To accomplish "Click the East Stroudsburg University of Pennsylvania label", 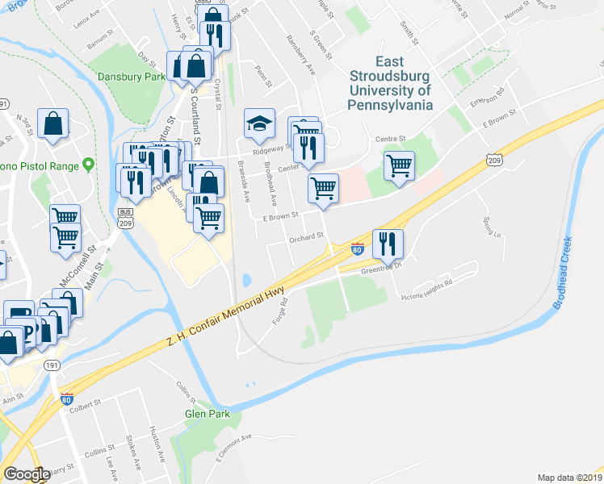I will (x=390, y=83).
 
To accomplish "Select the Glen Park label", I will (x=208, y=414).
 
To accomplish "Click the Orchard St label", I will (x=306, y=237).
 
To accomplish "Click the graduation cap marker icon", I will (x=260, y=123).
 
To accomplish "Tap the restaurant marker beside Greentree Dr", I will (x=388, y=243).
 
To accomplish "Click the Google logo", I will (x=27, y=474).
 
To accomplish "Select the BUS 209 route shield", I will (x=124, y=218).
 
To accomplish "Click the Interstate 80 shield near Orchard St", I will (x=358, y=250).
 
